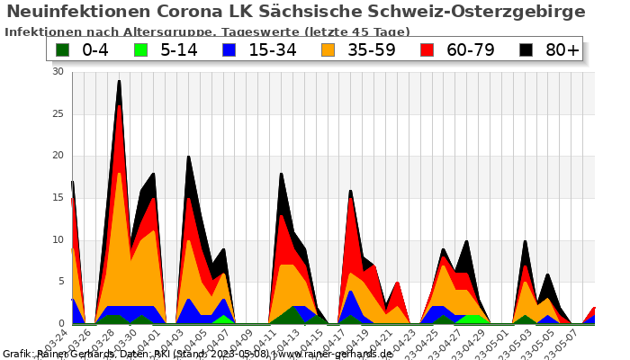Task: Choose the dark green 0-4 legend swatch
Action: (x=63, y=49)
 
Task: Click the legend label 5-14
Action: (x=179, y=49)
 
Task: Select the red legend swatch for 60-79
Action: (x=427, y=49)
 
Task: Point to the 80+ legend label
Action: (x=562, y=49)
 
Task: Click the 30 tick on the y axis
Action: (x=58, y=71)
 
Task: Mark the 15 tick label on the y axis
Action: (x=58, y=198)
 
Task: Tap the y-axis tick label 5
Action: (x=61, y=282)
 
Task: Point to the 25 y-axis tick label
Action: (x=58, y=113)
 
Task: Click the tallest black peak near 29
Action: (x=119, y=81)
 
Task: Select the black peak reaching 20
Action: (x=188, y=157)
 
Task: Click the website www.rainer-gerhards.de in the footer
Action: (x=331, y=354)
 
